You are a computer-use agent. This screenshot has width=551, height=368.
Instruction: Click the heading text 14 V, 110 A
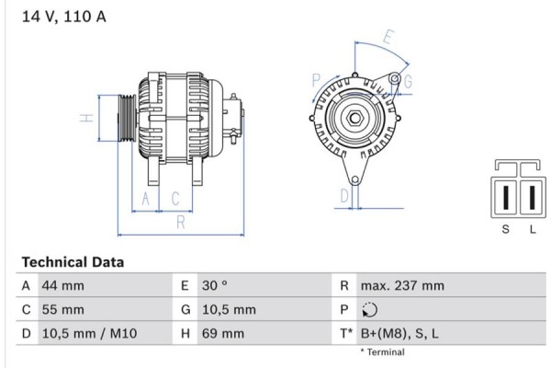pos(57,16)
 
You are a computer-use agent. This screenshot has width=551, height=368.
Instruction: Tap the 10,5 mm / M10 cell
pos(89,334)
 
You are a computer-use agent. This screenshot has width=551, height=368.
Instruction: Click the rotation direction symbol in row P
pos(370,310)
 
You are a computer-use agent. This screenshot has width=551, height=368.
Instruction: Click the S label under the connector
pos(505,229)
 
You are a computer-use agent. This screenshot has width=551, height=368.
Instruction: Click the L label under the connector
pos(532,229)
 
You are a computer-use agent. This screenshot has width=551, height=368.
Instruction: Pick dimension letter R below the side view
pos(181,222)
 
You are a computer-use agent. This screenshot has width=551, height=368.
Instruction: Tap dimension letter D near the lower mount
pos(344,195)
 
